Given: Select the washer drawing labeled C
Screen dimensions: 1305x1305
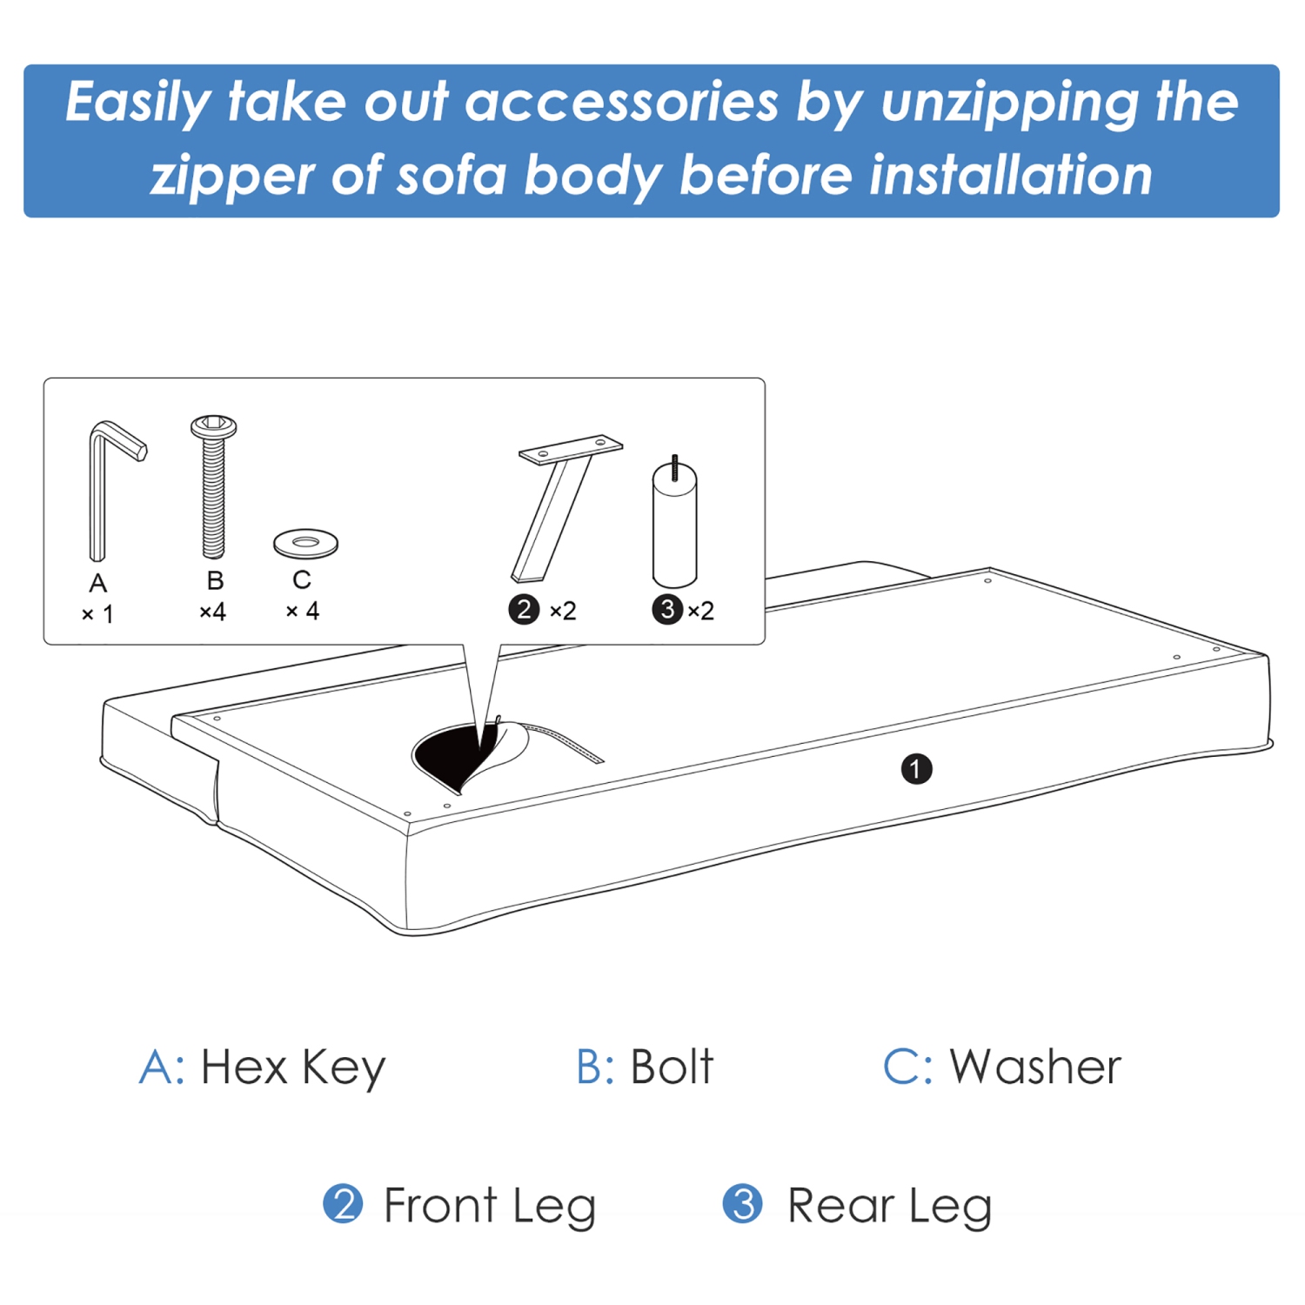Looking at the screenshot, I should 305,544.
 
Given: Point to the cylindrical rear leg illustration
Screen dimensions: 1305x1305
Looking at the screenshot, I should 674,526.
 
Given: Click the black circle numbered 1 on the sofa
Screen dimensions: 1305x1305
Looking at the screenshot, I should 916,769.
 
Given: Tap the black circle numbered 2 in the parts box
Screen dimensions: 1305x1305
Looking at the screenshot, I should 524,610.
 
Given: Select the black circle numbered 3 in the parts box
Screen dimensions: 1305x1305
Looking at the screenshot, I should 667,610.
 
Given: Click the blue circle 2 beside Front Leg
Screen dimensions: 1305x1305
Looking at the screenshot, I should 343,1205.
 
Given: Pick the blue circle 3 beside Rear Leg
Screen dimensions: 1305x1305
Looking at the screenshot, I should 742,1205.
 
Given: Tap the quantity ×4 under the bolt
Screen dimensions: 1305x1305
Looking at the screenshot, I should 213,612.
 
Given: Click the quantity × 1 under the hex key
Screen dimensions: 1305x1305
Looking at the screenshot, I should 97,614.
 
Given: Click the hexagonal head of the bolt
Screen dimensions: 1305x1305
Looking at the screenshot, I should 213,426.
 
